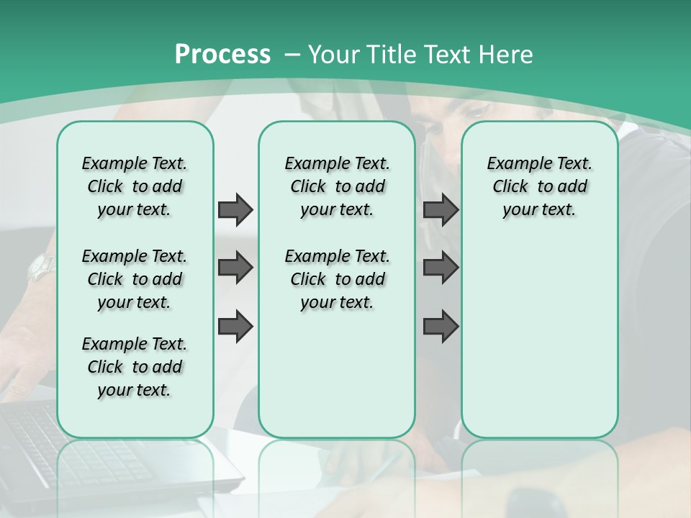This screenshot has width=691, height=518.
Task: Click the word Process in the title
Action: click(x=222, y=55)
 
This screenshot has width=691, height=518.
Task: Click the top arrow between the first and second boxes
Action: click(x=235, y=209)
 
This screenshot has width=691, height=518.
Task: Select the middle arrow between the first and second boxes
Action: click(x=235, y=268)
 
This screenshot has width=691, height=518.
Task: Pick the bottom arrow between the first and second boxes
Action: click(x=235, y=327)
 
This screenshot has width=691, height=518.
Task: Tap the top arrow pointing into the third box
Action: click(x=441, y=209)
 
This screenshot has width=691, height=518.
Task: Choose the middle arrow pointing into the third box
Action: click(x=441, y=268)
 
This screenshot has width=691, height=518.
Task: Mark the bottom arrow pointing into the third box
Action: click(x=441, y=327)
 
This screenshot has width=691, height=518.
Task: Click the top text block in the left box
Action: click(x=135, y=186)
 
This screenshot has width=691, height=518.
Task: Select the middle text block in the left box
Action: click(x=135, y=279)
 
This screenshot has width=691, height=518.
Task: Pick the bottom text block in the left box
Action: click(x=135, y=367)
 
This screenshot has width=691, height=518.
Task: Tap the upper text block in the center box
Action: click(x=337, y=186)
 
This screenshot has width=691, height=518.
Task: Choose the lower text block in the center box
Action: click(x=337, y=279)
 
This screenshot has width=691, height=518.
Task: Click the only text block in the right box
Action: click(x=539, y=186)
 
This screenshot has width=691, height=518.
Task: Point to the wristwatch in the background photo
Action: click(x=41, y=268)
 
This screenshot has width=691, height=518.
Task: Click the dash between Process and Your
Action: click(x=292, y=55)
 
